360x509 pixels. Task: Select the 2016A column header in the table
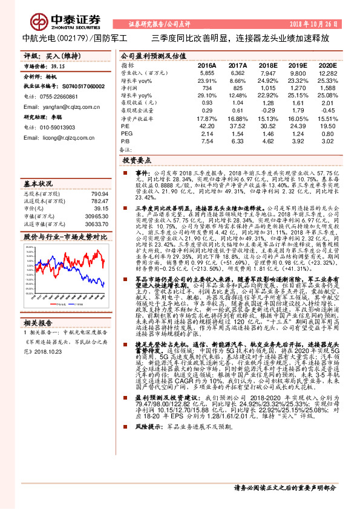(207, 64)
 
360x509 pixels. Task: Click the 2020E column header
(327, 64)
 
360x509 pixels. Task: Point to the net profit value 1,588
(327, 88)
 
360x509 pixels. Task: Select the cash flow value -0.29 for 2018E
(267, 110)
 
